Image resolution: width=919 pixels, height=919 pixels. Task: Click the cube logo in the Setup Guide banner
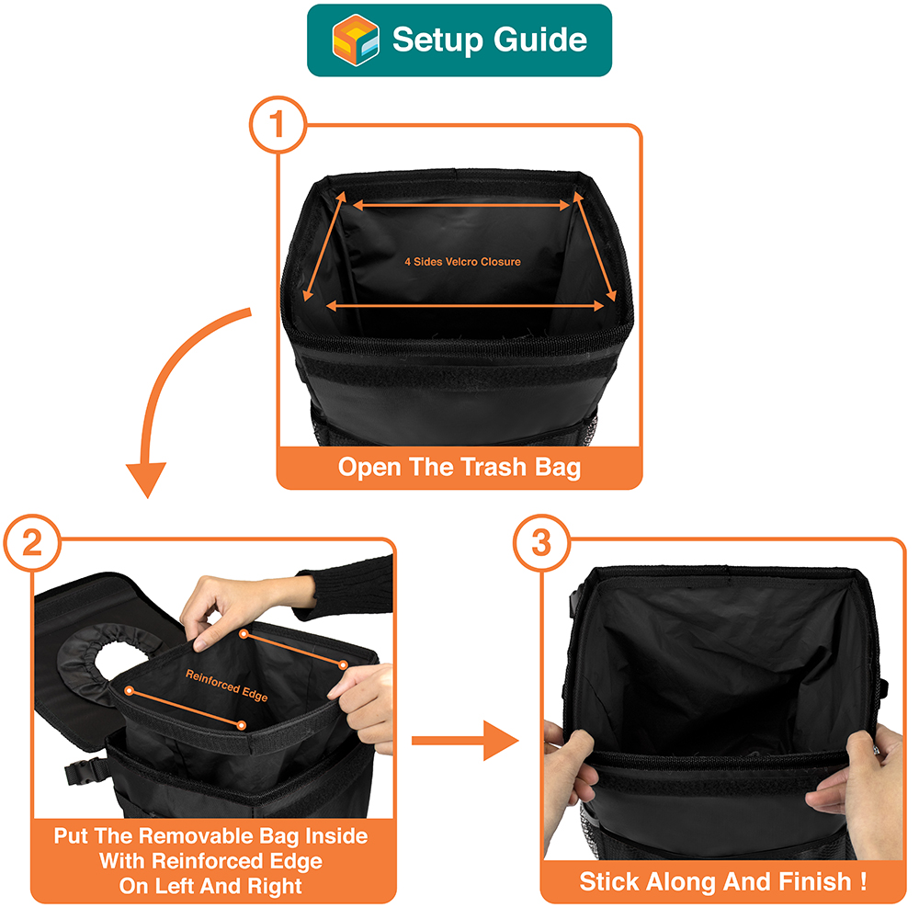355,40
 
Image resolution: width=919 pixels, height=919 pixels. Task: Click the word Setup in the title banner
437,40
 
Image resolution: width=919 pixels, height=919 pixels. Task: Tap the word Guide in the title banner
539,40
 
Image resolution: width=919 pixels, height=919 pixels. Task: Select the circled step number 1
278,125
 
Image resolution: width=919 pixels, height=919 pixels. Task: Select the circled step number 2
32,543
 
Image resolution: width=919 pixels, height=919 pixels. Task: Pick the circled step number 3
541,543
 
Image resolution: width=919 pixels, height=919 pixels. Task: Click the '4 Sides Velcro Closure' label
462,262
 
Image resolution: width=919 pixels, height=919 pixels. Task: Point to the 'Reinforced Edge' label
227,686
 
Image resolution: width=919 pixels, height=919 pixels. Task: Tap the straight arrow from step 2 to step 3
465,741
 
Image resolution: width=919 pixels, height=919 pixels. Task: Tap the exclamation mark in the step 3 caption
863,881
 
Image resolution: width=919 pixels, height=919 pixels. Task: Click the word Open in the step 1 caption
370,468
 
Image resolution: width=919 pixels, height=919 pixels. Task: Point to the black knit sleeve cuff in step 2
346,589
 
